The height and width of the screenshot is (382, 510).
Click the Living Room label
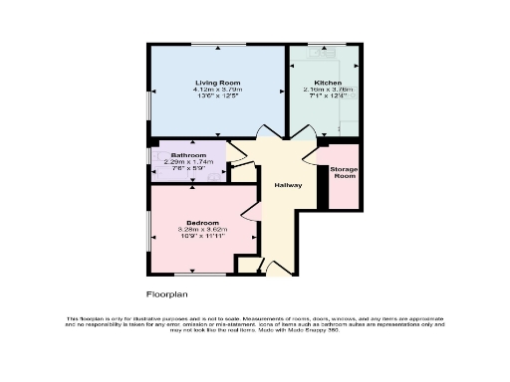coord(218,82)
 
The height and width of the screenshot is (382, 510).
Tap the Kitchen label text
coord(329,82)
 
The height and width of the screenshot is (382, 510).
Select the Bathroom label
coord(188,156)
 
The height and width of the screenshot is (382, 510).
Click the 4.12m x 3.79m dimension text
coord(218,90)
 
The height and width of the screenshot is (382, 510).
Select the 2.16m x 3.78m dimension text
coord(329,90)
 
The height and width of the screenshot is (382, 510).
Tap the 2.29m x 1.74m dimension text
coord(188,163)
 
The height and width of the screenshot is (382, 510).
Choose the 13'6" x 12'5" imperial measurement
coord(218,96)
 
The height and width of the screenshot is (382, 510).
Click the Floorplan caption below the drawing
coord(167,294)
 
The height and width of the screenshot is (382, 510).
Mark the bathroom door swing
coord(238,152)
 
